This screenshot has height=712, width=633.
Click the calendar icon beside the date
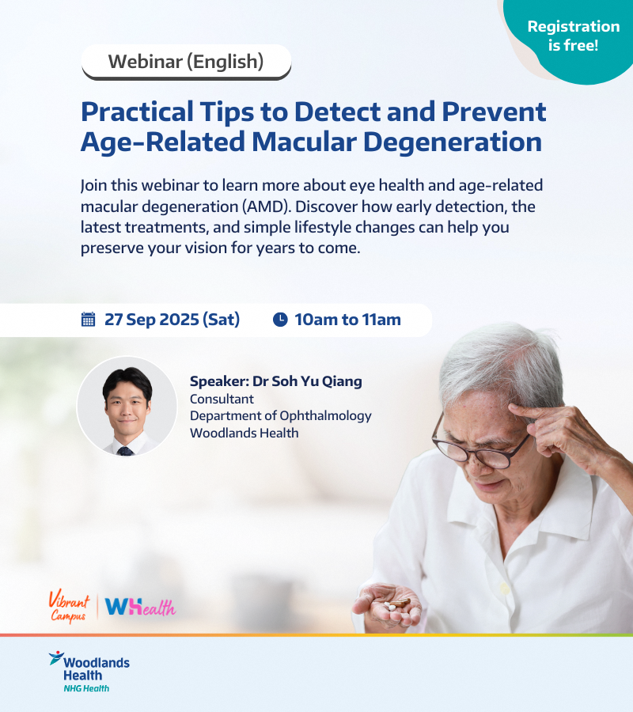point(88,320)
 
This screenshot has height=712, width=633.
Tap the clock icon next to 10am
point(280,320)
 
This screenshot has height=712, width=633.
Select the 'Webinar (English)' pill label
point(186,62)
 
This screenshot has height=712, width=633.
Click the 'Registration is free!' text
point(574,36)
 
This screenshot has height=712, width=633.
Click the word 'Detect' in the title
point(337,112)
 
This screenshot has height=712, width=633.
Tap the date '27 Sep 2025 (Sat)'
point(172,320)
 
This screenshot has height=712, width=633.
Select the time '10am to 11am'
point(348,320)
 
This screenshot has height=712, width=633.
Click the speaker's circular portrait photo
point(127,407)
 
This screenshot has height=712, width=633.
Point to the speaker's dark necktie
point(125,451)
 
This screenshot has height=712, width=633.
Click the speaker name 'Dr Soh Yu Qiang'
point(308,381)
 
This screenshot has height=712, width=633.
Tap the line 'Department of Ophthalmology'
point(281,416)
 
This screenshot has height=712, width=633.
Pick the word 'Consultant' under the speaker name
point(222,400)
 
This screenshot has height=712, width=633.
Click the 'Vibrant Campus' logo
point(69,607)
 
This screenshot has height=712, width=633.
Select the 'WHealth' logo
point(140,607)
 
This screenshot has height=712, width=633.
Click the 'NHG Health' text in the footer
point(86,688)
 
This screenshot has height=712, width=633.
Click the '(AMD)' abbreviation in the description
point(266,206)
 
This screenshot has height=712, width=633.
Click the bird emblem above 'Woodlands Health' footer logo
point(56,657)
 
